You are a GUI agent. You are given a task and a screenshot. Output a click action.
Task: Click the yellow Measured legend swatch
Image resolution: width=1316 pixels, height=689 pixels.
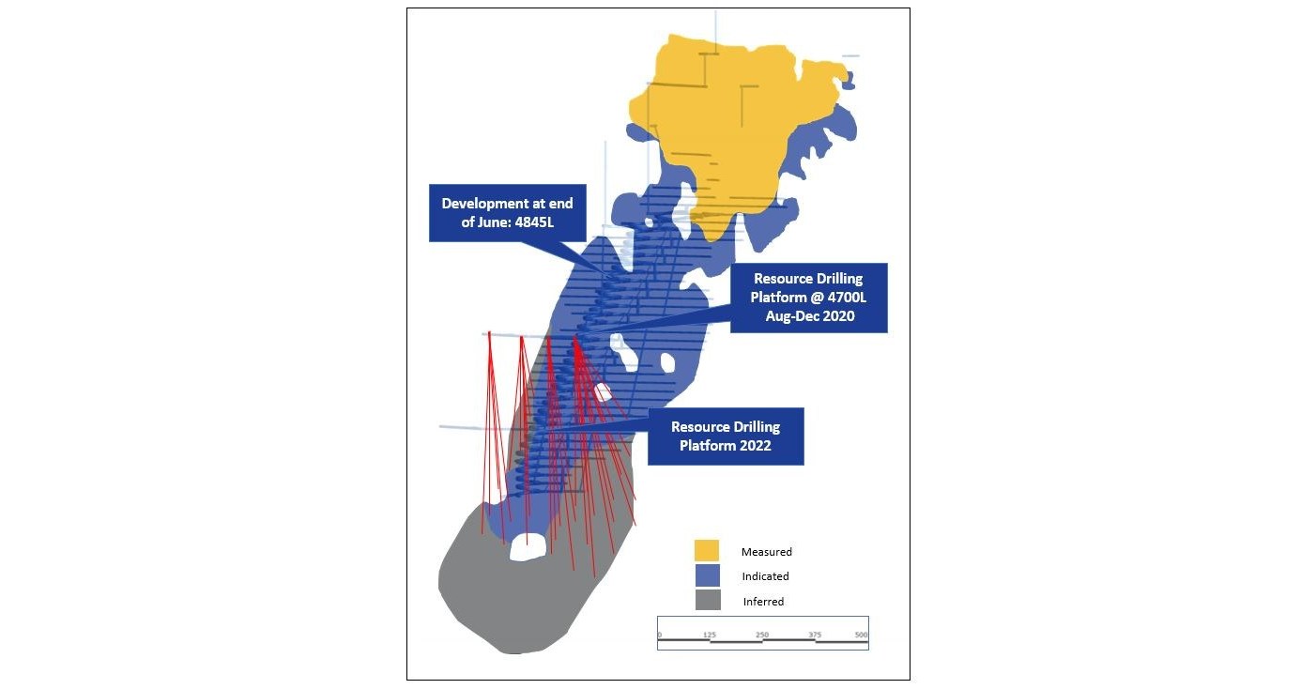[706, 551]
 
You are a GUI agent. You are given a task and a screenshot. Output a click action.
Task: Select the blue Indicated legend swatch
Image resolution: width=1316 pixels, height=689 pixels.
[706, 575]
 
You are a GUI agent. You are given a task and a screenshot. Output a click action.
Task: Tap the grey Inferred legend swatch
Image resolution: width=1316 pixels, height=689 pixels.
[706, 600]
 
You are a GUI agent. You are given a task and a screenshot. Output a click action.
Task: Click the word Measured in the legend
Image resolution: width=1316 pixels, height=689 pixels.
[766, 552]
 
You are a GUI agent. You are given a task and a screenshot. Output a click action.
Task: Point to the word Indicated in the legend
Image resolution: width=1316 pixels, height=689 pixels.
[765, 576]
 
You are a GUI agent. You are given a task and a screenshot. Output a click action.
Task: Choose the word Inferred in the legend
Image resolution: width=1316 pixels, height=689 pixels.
[763, 602]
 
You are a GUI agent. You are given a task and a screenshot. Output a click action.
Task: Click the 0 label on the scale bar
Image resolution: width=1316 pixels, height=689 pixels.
[660, 635]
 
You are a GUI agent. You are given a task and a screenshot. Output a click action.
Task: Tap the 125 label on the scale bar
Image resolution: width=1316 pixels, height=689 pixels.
[710, 635]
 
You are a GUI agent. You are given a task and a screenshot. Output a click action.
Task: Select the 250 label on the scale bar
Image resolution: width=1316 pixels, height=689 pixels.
[762, 635]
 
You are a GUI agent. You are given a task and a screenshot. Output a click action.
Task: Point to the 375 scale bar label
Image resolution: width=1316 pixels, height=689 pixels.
[815, 635]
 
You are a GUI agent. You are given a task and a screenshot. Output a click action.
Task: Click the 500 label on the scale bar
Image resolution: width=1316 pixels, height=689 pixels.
[861, 635]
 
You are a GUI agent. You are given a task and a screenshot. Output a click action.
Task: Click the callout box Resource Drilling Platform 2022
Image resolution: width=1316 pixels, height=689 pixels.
[726, 436]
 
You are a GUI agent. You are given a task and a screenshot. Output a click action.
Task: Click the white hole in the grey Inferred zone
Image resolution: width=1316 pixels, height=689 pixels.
[528, 546]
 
